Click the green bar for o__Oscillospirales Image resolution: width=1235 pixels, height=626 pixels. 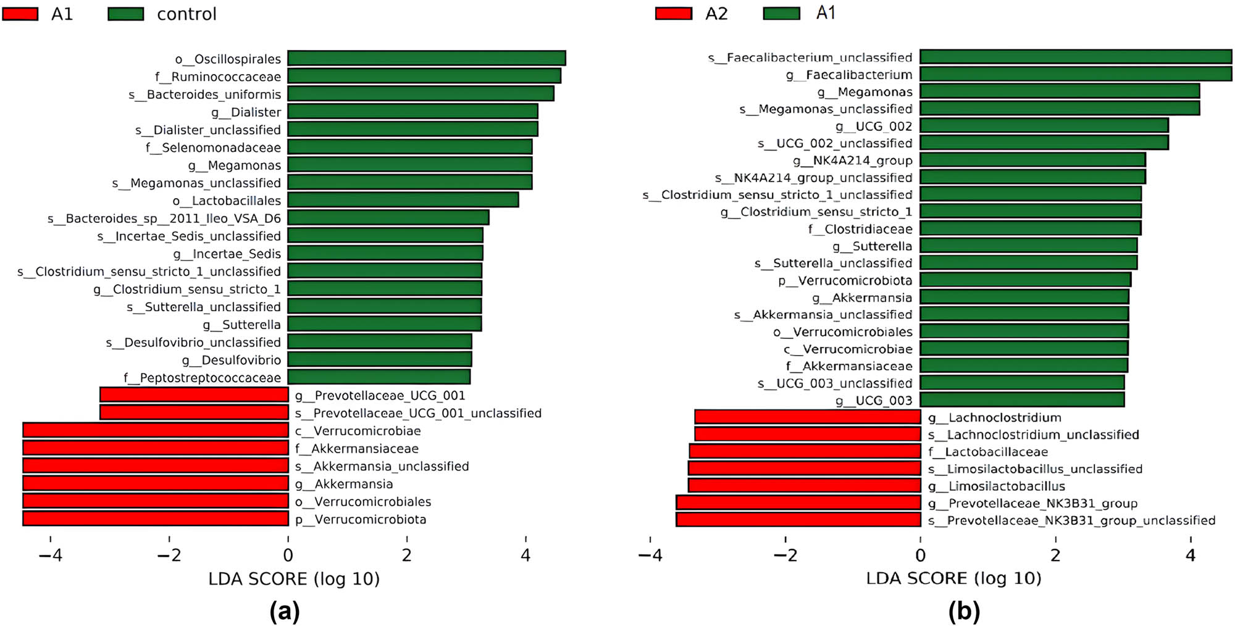(426, 58)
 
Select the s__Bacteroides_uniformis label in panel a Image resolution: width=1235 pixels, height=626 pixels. (204, 94)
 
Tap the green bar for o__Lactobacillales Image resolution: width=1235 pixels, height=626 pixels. (403, 200)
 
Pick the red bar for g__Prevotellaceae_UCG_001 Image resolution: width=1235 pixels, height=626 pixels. (194, 394)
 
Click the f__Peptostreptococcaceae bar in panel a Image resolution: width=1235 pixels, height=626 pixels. (379, 377)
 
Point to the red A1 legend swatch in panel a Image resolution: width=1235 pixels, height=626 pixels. (20, 14)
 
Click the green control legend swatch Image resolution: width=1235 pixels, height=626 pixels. (126, 14)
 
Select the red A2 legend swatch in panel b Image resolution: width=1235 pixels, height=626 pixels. (674, 13)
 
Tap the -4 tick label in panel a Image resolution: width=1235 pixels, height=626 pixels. (50, 555)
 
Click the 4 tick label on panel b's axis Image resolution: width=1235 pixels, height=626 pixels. (1191, 555)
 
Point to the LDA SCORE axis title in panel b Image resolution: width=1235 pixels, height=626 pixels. (953, 578)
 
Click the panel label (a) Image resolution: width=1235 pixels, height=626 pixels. (285, 611)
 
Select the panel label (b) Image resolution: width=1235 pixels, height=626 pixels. (964, 611)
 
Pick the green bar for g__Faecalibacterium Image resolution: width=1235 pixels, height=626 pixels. (1075, 74)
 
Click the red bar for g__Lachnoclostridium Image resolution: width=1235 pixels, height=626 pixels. (807, 417)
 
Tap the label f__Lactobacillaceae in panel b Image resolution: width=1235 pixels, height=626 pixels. (987, 452)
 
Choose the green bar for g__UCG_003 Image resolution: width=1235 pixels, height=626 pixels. (1022, 399)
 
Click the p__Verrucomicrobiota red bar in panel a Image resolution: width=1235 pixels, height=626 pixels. (156, 519)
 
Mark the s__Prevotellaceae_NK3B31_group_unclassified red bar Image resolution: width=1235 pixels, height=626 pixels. (798, 519)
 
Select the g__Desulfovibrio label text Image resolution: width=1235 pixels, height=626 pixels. (232, 360)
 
